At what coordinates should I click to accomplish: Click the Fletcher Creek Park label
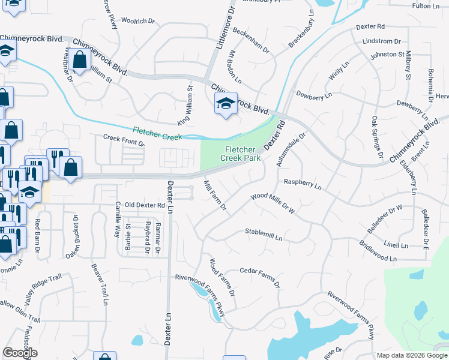(243, 153)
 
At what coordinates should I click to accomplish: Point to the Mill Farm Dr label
(214, 196)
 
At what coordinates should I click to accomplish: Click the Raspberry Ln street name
(303, 184)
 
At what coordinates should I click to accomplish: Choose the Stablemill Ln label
(264, 235)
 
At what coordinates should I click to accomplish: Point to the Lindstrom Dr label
(382, 41)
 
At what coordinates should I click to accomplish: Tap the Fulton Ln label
(427, 5)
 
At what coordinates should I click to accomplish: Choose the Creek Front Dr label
(124, 139)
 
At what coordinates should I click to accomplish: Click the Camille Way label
(118, 219)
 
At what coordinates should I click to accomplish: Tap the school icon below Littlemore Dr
(226, 104)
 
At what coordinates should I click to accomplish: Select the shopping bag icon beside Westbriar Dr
(79, 60)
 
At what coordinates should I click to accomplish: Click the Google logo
(20, 353)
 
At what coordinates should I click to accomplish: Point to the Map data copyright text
(411, 355)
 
